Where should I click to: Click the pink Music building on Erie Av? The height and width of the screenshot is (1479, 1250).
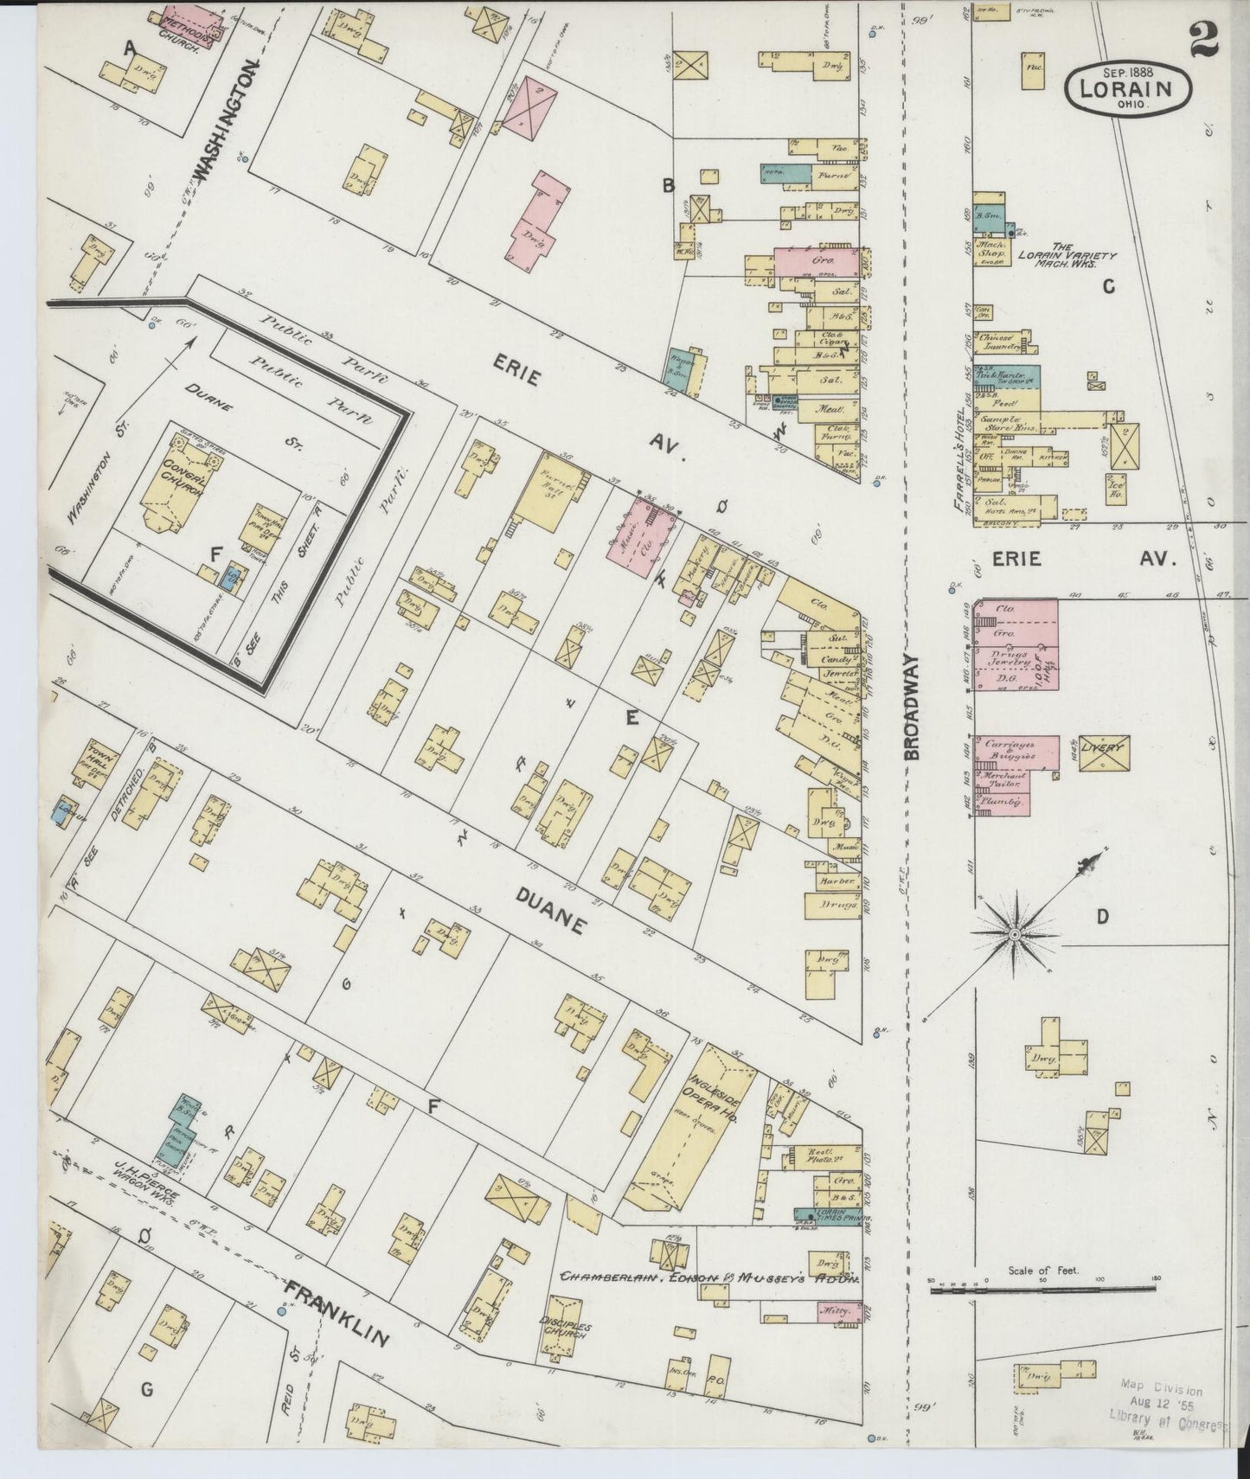tap(640, 538)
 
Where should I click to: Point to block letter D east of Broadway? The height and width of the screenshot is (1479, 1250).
tap(1102, 918)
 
